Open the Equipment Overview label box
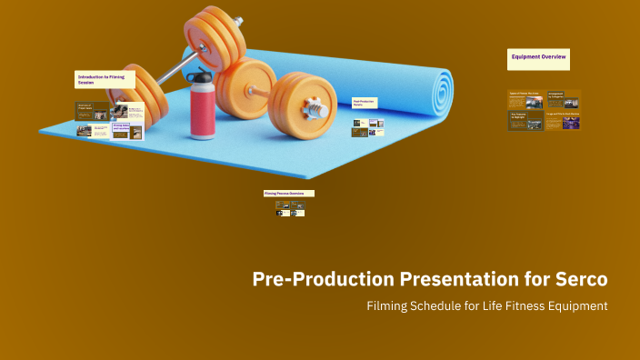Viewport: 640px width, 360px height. (x=538, y=58)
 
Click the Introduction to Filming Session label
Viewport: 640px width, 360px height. (x=105, y=80)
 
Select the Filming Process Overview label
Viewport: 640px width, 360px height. (x=288, y=194)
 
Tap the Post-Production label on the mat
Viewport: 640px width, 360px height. (x=364, y=103)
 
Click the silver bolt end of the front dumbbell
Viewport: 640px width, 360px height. (x=319, y=109)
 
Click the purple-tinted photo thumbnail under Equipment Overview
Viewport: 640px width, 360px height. (x=571, y=122)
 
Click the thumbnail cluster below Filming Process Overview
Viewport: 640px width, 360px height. (x=290, y=208)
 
